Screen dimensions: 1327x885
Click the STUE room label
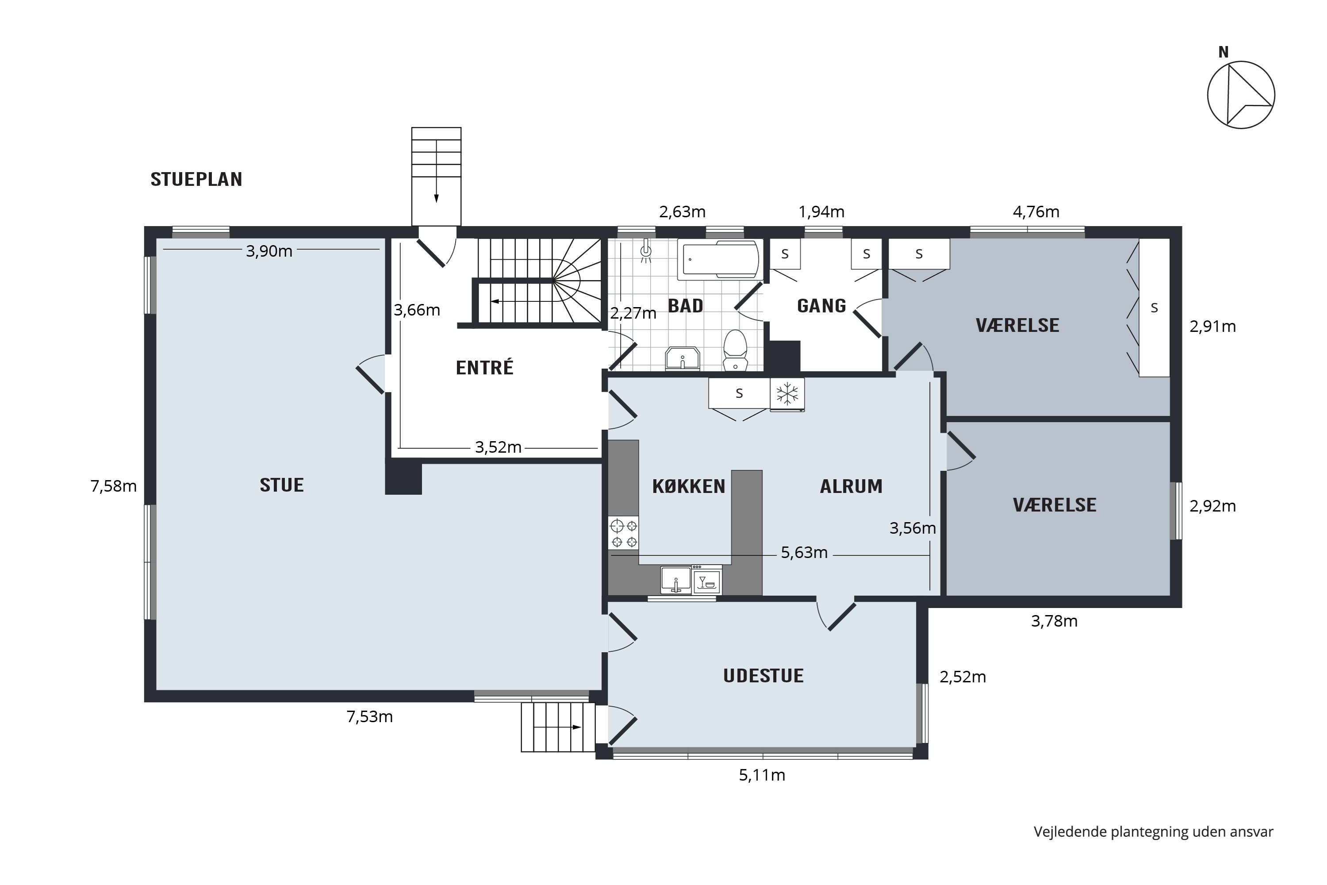281,485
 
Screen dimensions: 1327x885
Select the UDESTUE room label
763,676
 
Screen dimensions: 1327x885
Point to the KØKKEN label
688,486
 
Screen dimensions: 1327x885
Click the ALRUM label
851,486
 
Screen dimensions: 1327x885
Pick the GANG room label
821,305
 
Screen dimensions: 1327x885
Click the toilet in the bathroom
735,350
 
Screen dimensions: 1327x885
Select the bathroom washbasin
683,358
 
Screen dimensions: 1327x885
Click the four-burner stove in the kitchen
623,533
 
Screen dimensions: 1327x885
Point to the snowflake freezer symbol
787,393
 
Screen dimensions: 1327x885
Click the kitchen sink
676,580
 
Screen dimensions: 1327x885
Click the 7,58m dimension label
113,486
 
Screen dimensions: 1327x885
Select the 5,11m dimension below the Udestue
762,775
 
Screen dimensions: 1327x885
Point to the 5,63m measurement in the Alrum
804,553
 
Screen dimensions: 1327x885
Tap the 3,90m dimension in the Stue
269,251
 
